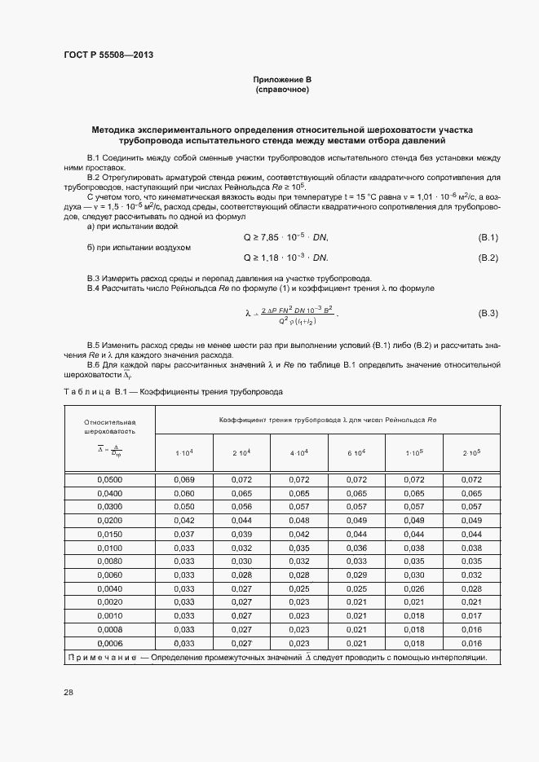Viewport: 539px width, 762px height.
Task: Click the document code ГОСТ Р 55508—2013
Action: tap(108, 55)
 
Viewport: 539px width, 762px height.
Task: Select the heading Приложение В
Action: tap(282, 80)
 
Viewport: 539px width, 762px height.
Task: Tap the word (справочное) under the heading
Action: tap(282, 90)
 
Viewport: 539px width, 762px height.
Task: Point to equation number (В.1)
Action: tap(488, 237)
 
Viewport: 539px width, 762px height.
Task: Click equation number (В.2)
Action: tap(488, 258)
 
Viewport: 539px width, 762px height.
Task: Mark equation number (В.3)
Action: tap(488, 313)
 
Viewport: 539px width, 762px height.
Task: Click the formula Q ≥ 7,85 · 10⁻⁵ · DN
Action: tap(285, 237)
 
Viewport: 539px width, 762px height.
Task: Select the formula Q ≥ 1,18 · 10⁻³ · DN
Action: tap(285, 258)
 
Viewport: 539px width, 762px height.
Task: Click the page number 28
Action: tap(68, 692)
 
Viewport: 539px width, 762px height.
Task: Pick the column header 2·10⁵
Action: tap(471, 452)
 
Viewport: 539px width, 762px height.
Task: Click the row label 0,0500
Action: tap(109, 480)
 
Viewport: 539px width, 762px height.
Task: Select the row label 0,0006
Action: tap(109, 643)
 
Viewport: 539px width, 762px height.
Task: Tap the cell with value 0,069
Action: tap(184, 480)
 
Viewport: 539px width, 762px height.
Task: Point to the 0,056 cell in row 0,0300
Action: tap(241, 506)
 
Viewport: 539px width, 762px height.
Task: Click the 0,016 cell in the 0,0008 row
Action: tap(471, 630)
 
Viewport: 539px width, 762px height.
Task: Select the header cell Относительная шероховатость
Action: tap(109, 427)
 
